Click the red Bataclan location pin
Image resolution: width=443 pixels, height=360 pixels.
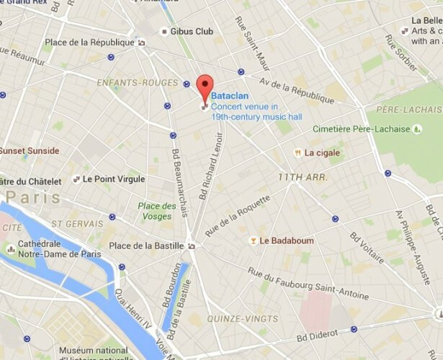coord(205,86)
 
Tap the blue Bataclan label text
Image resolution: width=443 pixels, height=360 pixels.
coord(231,94)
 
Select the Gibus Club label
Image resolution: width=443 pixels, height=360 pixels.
coord(192,32)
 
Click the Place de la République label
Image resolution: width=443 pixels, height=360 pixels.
coord(89,42)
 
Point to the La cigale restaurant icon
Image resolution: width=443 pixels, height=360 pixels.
coord(297,153)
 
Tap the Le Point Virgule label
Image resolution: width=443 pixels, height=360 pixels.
coord(114,179)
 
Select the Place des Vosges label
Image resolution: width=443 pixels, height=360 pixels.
coord(157,211)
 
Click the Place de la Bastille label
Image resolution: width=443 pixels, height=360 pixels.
coord(146,246)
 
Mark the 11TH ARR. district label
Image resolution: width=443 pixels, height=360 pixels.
coord(303,176)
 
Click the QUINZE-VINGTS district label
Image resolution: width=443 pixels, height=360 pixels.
coord(241,318)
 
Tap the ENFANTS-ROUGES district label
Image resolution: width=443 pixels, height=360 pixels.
coord(127,84)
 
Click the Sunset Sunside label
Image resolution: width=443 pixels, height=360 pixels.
coord(30,151)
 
